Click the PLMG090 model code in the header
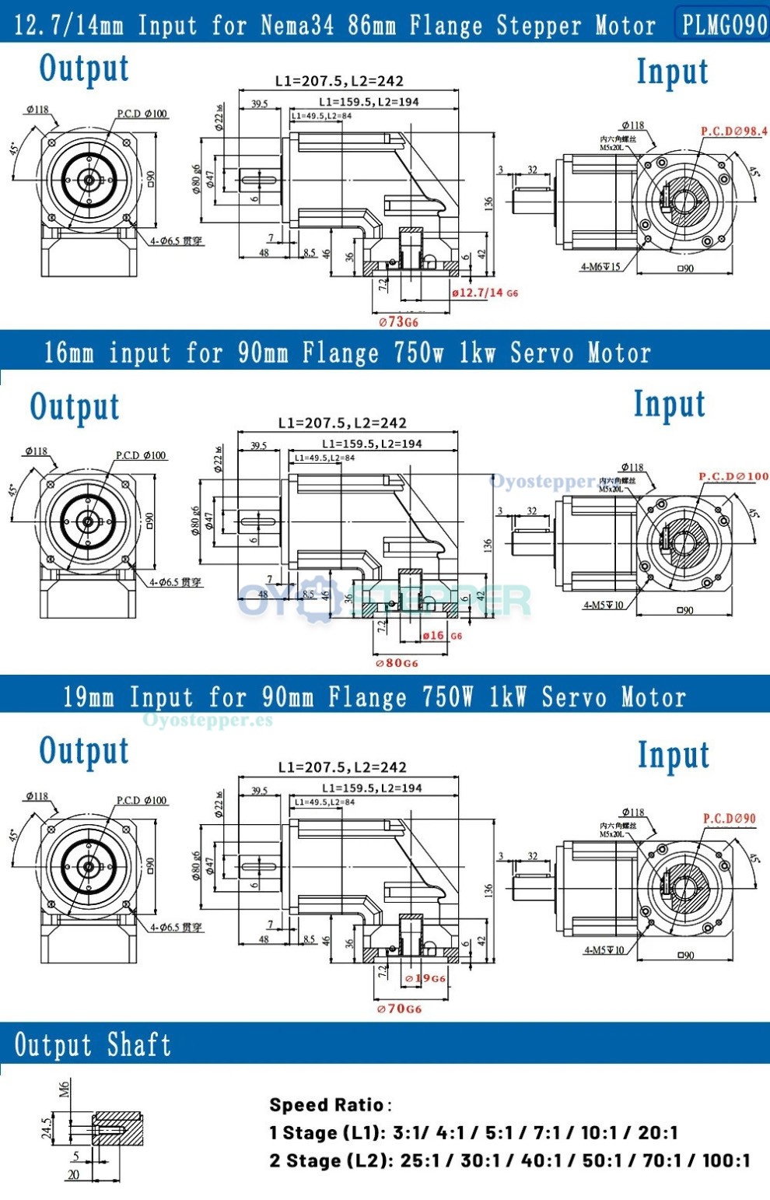pos(724,25)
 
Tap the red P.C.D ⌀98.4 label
pos(733,132)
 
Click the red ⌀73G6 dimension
pos(398,321)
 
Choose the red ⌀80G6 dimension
pos(397,663)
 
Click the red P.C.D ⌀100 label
pos(733,476)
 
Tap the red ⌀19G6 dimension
pos(425,978)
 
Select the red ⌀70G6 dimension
pos(399,1009)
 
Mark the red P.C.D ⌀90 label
pos(729,819)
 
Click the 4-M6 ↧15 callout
pos(600,267)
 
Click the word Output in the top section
pos(84,68)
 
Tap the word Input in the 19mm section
pos(674,755)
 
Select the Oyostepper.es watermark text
pos(208,720)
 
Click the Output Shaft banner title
pos(93,1044)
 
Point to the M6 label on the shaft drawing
pos(65,1089)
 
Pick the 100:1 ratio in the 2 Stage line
pos(726,1160)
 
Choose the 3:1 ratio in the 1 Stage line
pos(409,1132)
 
